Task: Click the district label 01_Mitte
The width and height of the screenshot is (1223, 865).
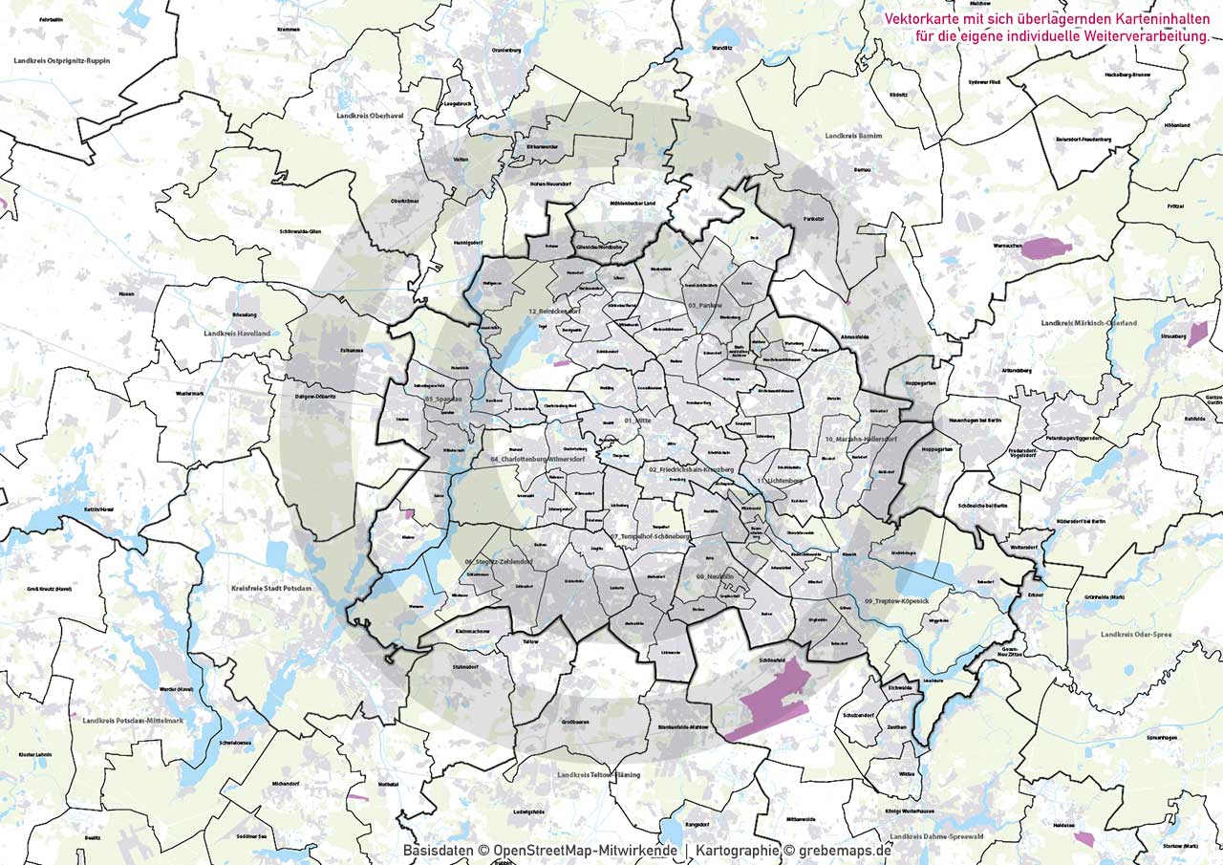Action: [637, 421]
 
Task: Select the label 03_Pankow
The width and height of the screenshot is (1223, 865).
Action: [705, 304]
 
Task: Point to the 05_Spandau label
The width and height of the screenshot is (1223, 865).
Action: [444, 399]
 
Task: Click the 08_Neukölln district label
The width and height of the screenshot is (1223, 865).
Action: [715, 577]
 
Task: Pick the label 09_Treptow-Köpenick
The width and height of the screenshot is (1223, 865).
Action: [896, 599]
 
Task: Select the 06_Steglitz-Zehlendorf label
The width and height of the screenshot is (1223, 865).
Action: [498, 562]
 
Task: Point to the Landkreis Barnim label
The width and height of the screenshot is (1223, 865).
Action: [853, 137]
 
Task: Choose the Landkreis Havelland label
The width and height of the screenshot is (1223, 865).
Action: [237, 334]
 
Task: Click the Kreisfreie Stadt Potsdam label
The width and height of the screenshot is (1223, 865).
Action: [271, 589]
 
